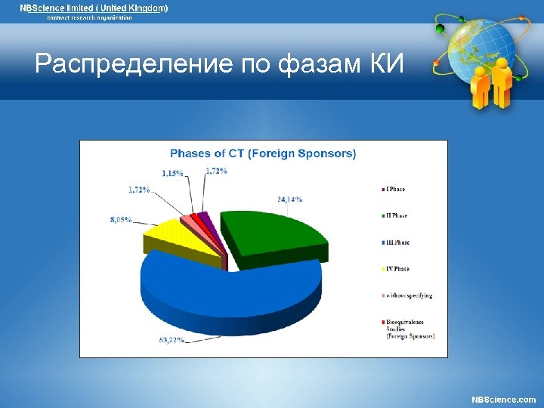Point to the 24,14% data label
[289, 199]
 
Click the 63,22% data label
[172, 340]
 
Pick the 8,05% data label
[121, 220]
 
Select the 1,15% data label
[172, 173]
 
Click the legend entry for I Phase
[396, 189]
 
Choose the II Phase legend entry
[397, 215]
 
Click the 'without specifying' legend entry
[409, 295]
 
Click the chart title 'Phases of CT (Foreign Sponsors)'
[263, 153]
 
